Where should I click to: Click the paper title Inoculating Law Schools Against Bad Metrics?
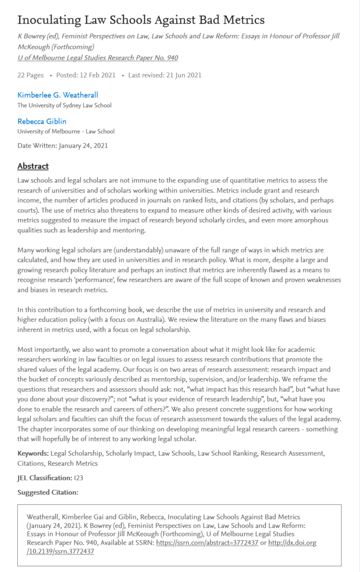pos(141,20)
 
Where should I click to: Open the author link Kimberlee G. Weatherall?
pos(58,95)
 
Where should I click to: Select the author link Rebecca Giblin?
pos(42,121)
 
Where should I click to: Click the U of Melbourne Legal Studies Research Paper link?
pos(97,58)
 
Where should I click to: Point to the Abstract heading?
pos(33,166)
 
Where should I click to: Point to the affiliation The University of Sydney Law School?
pos(64,105)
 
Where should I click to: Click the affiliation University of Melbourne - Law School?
pos(66,132)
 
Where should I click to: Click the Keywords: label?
pos(32,453)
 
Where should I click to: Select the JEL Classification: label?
pos(44,478)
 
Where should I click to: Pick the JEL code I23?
pos(79,478)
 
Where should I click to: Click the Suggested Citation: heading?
pos(48,492)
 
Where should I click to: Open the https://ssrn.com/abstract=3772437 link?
pos(207,542)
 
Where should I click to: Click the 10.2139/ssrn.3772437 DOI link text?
pos(60,551)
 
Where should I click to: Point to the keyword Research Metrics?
pos(73,463)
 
